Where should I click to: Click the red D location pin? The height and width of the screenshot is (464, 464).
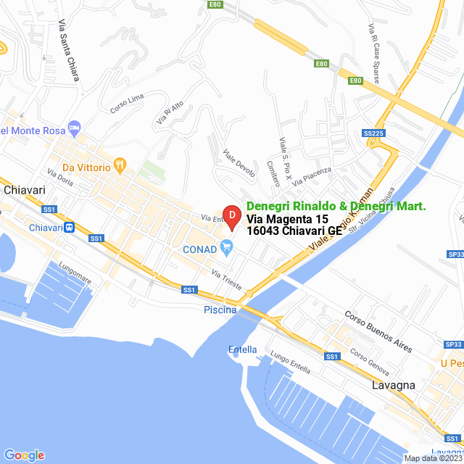click(x=231, y=216)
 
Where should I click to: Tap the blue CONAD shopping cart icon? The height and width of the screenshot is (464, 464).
click(x=227, y=248)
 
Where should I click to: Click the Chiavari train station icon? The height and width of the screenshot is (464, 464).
click(x=69, y=227)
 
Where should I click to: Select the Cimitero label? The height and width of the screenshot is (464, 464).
click(x=273, y=174)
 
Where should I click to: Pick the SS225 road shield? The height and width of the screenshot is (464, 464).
click(x=373, y=133)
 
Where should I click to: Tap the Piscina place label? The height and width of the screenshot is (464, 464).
click(x=220, y=310)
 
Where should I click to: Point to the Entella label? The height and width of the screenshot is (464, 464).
click(x=242, y=349)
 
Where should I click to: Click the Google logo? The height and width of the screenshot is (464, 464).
click(x=24, y=455)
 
